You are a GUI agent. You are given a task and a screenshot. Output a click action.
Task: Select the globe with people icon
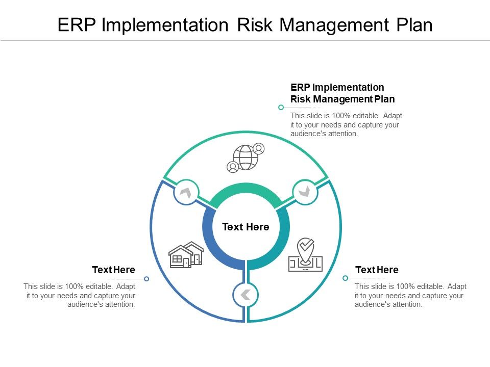tap(246, 158)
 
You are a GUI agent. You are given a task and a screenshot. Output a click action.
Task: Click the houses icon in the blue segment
tap(186, 255)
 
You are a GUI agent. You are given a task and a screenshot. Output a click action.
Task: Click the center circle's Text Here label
tap(246, 227)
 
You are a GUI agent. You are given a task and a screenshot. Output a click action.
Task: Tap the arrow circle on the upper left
tap(186, 192)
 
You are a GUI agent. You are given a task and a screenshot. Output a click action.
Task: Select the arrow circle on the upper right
tap(305, 192)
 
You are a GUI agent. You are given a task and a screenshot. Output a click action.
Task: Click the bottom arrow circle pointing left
tap(246, 295)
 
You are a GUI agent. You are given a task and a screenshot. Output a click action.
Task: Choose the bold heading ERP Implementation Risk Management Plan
tap(342, 93)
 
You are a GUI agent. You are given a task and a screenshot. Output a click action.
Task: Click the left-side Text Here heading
tap(113, 270)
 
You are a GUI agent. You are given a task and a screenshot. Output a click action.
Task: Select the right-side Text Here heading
tap(377, 270)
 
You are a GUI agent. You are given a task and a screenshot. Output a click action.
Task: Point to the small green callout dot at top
tap(281, 108)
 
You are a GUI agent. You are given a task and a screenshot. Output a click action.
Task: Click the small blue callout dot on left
tap(146, 279)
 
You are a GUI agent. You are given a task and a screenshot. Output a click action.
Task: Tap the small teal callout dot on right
tap(345, 278)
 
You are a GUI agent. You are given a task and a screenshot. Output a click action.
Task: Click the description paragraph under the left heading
tap(80, 296)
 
